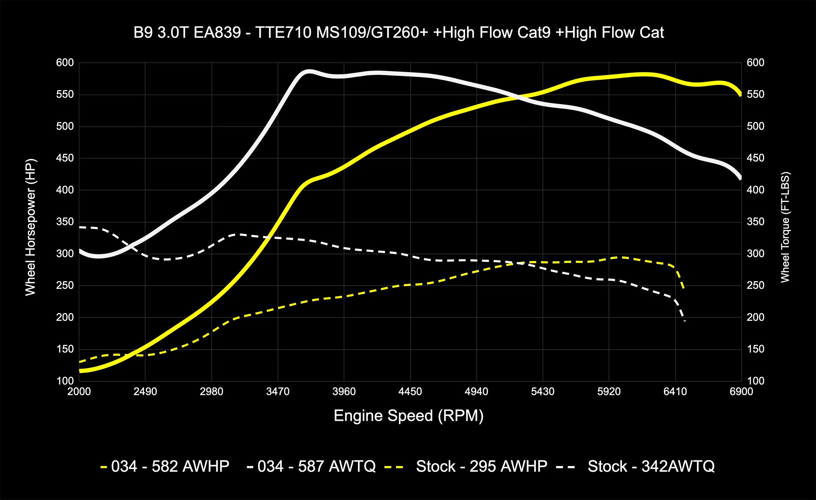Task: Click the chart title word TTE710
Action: click(283, 33)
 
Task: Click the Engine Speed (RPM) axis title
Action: click(408, 416)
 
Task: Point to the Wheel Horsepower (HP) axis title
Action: click(30, 227)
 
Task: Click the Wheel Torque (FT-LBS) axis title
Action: click(785, 227)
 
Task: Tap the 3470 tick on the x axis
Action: click(278, 392)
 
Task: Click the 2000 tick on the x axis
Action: click(79, 392)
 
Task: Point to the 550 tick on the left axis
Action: click(65, 94)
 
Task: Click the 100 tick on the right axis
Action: click(755, 381)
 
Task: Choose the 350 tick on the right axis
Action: click(755, 222)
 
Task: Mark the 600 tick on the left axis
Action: click(65, 63)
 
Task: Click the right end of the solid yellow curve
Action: click(741, 95)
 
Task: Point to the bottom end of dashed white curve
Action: click(684, 321)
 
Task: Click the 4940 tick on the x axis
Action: click(476, 392)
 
